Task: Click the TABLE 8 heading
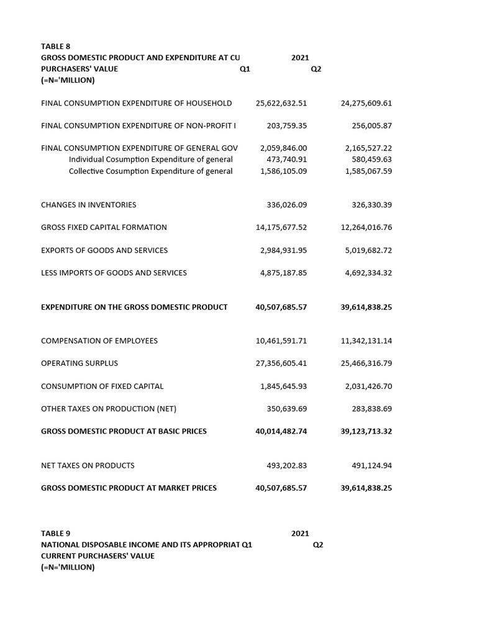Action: (x=55, y=47)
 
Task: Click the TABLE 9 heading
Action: (x=55, y=534)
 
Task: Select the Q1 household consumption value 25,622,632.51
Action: (x=281, y=103)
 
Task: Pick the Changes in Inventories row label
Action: (x=88, y=205)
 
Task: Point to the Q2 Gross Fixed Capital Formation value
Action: (x=366, y=227)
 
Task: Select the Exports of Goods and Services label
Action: (x=104, y=250)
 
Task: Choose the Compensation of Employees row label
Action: (x=99, y=341)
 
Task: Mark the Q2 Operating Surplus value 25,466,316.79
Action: (x=366, y=363)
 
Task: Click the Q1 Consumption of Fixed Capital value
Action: (x=283, y=386)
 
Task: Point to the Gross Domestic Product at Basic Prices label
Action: (x=124, y=431)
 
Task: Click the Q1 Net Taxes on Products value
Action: (x=286, y=465)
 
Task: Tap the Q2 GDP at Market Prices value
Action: (x=366, y=488)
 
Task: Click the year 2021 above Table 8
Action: (x=300, y=58)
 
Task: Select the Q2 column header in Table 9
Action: (x=318, y=545)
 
